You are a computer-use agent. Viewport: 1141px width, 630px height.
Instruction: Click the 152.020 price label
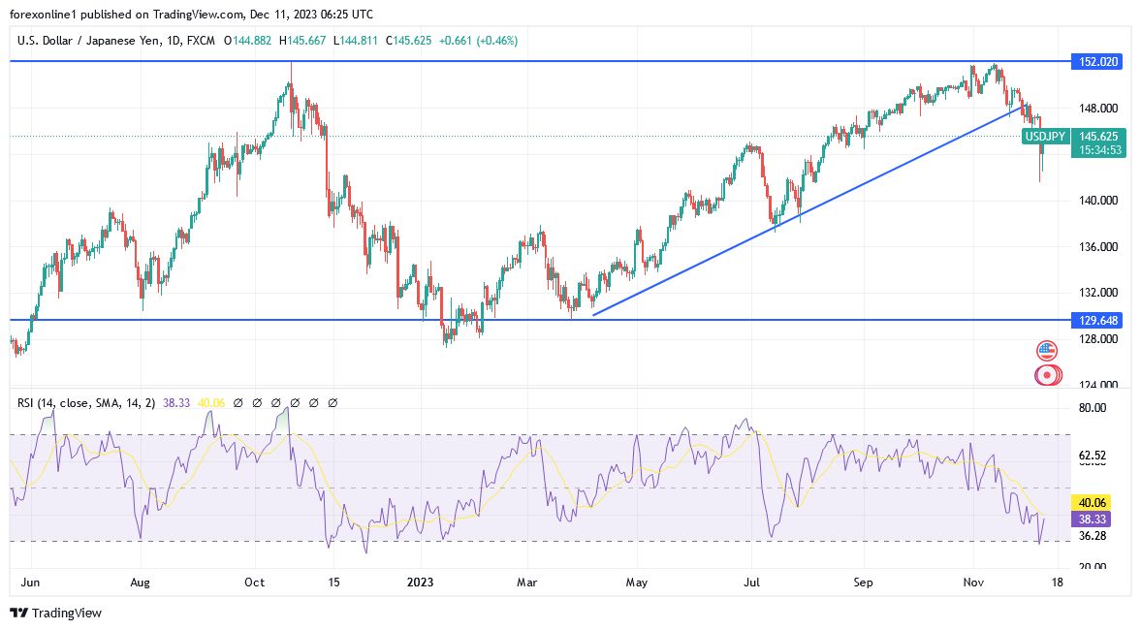1098,61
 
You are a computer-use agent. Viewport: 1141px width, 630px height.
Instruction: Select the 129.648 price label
1098,319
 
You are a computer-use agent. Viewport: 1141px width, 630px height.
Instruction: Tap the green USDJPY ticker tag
1046,137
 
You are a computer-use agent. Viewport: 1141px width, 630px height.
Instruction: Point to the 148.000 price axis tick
1098,108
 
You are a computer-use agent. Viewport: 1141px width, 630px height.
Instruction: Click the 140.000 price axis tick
1098,200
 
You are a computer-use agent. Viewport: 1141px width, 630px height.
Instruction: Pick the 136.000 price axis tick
1098,246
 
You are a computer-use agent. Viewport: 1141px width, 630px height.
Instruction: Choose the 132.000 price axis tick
1098,292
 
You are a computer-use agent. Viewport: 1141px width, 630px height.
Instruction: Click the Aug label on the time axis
141,583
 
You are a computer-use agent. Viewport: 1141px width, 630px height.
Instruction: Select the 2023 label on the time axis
420,583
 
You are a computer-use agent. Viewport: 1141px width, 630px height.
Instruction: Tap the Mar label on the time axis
526,583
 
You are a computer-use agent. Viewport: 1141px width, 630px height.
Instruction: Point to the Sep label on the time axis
863,583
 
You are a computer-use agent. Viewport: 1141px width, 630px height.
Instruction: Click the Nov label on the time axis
974,583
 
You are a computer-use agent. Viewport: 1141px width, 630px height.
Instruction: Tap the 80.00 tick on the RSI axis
1093,408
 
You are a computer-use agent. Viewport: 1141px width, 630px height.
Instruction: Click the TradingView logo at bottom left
55,613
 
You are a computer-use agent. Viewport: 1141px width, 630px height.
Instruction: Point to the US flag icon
1047,350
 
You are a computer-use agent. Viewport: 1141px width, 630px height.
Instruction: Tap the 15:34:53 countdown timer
1098,150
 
